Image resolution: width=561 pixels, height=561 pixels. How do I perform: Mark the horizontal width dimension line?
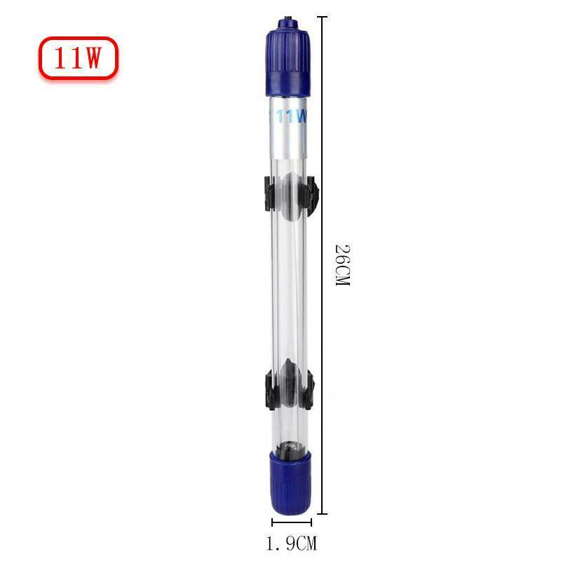[x=292, y=522]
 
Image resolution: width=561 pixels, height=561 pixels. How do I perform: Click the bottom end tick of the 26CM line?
[x=323, y=514]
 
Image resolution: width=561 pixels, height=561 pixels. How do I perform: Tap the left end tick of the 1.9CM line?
[x=272, y=522]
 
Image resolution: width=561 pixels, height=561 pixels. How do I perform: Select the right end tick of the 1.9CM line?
[x=311, y=522]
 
